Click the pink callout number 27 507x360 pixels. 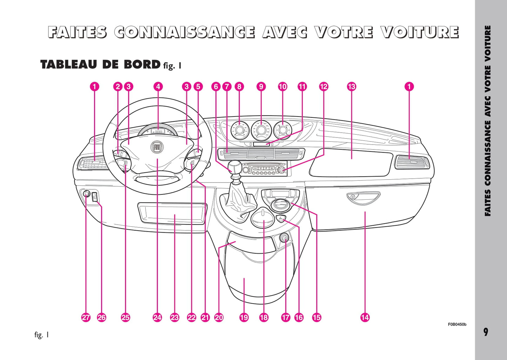click(x=86, y=318)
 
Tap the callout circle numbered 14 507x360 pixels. click(x=365, y=318)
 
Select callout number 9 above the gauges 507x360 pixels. click(x=261, y=86)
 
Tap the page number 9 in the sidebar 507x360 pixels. click(x=486, y=332)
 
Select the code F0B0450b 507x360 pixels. click(x=457, y=325)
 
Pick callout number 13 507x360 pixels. click(x=351, y=86)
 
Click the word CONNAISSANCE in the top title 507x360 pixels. click(x=185, y=32)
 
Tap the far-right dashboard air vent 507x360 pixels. click(x=411, y=162)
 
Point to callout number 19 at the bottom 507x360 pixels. click(x=244, y=318)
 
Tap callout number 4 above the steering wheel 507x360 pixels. click(x=158, y=86)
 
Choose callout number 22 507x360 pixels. click(x=192, y=318)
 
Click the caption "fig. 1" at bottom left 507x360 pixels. click(x=41, y=335)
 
